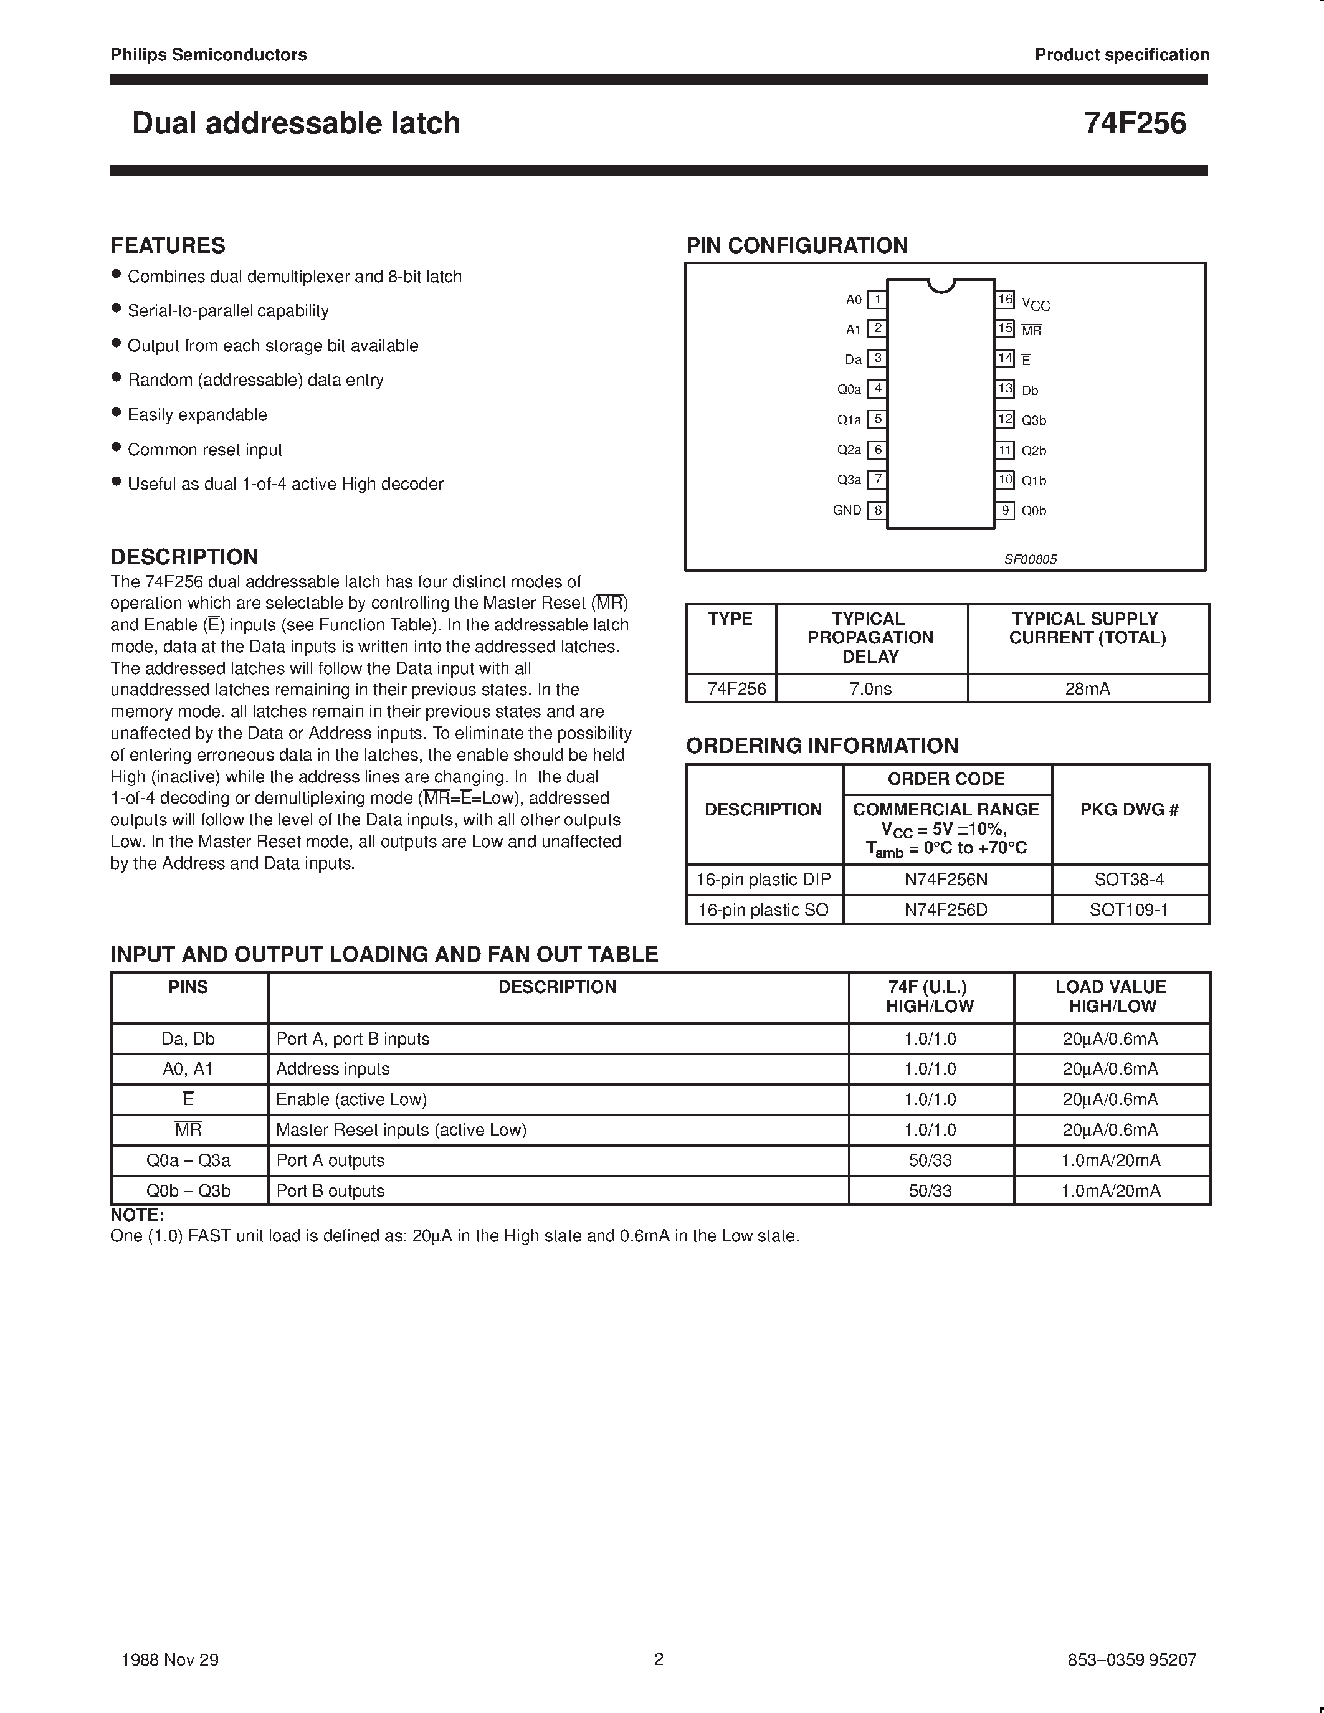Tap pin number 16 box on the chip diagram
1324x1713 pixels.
pyautogui.click(x=1006, y=299)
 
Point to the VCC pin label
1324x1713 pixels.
pyautogui.click(x=1036, y=305)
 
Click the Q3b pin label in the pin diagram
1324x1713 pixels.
pyautogui.click(x=1033, y=420)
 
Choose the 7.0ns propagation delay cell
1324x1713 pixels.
pyautogui.click(x=870, y=689)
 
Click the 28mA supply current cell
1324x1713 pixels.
pyautogui.click(x=1087, y=689)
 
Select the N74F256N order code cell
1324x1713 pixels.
pyautogui.click(x=946, y=880)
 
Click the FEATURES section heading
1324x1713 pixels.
pyautogui.click(x=168, y=245)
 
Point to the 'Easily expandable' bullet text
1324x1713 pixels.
pyautogui.click(x=197, y=415)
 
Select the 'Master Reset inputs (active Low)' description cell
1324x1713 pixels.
pyautogui.click(x=401, y=1129)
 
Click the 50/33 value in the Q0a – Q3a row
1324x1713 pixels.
pyautogui.click(x=930, y=1160)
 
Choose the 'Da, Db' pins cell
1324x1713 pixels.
pyautogui.click(x=188, y=1038)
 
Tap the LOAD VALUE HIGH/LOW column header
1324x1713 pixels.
pyautogui.click(x=1111, y=996)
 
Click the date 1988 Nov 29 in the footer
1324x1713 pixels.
pyautogui.click(x=170, y=1659)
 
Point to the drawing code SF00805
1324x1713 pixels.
pyautogui.click(x=1031, y=559)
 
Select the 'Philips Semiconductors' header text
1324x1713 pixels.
pyautogui.click(x=209, y=55)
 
